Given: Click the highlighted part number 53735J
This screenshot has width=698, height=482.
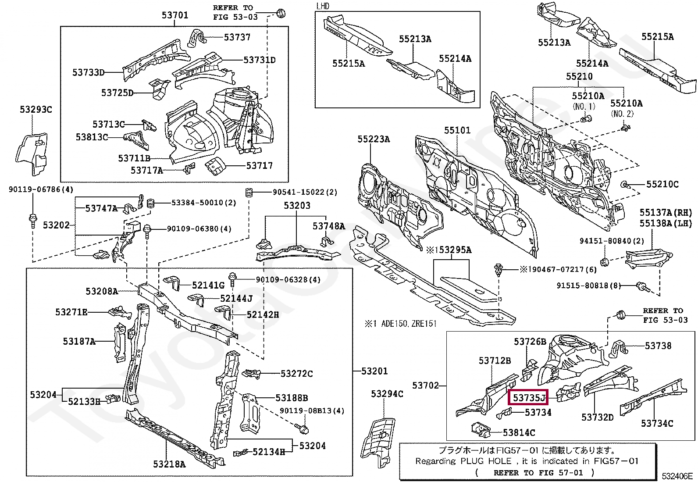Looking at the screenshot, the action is [529, 398].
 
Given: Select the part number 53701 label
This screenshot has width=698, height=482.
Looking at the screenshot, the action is [175, 15].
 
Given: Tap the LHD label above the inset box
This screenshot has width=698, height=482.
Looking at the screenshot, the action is [323, 6].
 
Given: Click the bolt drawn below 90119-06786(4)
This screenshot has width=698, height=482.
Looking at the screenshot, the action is [32, 220].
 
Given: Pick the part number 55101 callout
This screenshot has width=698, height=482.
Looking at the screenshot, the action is [457, 130].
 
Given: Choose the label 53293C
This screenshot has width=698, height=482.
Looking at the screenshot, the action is [36, 110].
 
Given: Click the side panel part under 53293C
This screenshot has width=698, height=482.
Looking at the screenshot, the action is [32, 155].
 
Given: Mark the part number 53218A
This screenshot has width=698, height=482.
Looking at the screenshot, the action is [169, 464].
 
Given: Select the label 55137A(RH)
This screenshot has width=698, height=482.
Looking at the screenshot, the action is [666, 212].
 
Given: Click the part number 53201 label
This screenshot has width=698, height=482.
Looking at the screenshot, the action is [374, 371].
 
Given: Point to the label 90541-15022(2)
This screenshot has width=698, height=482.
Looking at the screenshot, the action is [305, 192].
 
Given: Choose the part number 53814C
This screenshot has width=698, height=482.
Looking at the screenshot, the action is [519, 433].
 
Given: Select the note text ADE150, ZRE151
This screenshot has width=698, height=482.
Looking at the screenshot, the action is [409, 324].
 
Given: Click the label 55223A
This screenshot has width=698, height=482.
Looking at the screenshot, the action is [373, 139].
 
